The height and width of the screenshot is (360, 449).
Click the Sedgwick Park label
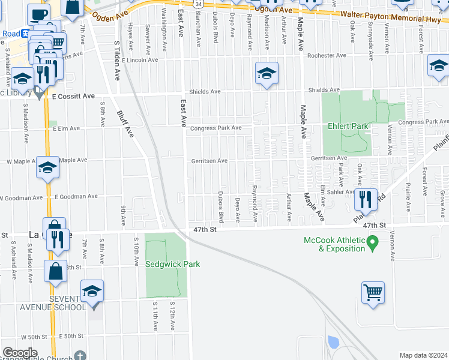click(172, 264)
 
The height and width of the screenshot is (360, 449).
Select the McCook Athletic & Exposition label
click(333, 244)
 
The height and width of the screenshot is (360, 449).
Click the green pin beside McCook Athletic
click(372, 243)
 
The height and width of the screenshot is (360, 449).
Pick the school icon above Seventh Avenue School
click(92, 292)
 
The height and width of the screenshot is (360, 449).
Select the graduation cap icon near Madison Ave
click(267, 73)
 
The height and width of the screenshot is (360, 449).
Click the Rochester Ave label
click(327, 55)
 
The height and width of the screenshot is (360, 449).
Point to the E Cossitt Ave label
click(73, 96)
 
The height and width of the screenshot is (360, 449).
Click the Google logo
click(19, 353)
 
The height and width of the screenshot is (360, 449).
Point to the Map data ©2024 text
click(423, 355)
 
